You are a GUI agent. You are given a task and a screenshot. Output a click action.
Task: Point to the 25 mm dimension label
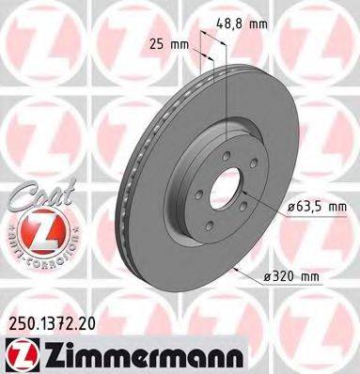(172, 43)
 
